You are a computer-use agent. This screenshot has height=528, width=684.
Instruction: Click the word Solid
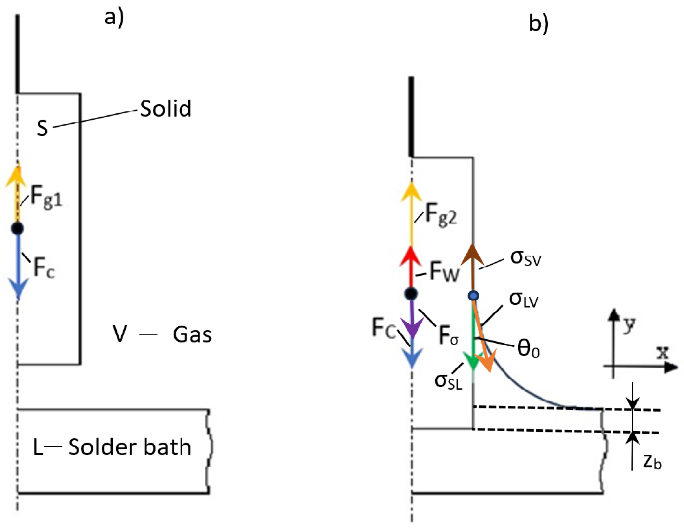[165, 109]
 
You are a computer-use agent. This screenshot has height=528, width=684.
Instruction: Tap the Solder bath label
[129, 447]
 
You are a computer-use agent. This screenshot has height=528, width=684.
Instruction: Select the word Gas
[192, 335]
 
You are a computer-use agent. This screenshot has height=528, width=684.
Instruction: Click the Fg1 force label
[46, 196]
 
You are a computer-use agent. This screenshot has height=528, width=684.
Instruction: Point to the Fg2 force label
[441, 214]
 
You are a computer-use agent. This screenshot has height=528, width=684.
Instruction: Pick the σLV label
[524, 299]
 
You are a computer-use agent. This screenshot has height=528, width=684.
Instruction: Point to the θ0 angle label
[529, 348]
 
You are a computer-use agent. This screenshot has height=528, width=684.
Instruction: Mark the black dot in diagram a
[18, 228]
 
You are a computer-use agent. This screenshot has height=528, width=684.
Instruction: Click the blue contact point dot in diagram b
[473, 296]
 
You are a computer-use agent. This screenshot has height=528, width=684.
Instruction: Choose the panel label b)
[539, 24]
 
